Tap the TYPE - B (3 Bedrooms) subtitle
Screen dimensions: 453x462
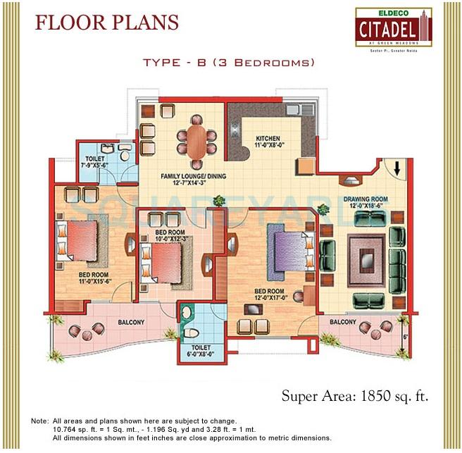[228, 63]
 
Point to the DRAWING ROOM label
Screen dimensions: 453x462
[366, 199]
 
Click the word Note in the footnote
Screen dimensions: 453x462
[40, 421]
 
